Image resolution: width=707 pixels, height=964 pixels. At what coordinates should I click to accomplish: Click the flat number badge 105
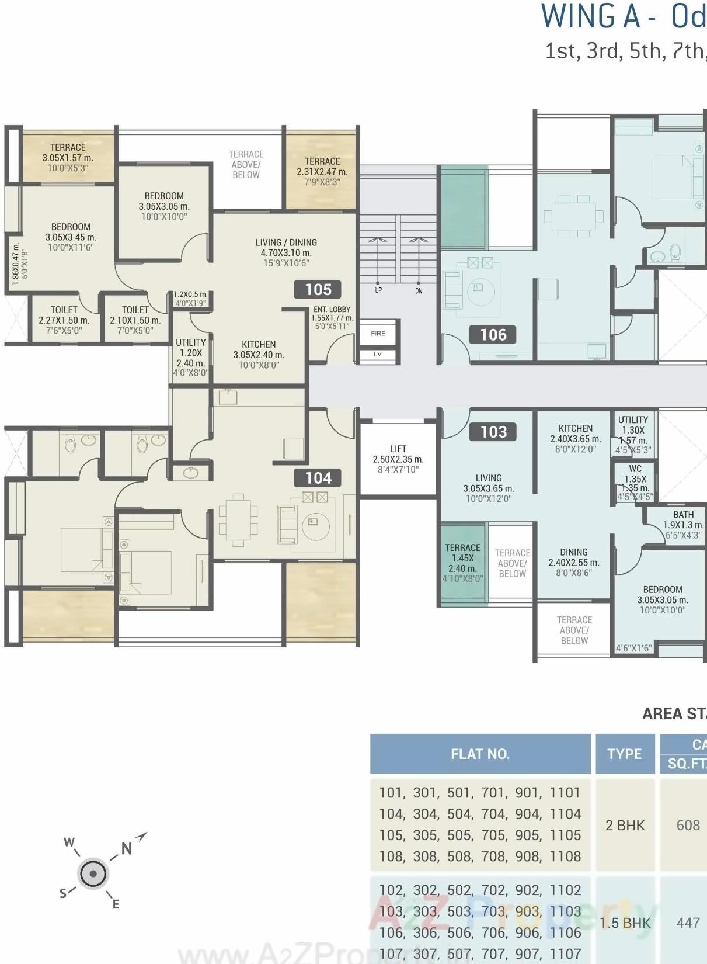pyautogui.click(x=318, y=289)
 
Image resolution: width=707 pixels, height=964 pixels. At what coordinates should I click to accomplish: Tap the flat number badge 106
pyautogui.click(x=493, y=335)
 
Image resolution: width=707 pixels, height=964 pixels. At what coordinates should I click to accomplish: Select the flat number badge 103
pyautogui.click(x=493, y=432)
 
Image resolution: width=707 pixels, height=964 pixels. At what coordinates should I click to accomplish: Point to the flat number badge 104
pyautogui.click(x=318, y=478)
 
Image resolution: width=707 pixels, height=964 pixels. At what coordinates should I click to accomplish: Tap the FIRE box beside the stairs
pyautogui.click(x=378, y=334)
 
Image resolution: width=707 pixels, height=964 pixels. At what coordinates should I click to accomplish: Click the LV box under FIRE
pyautogui.click(x=378, y=354)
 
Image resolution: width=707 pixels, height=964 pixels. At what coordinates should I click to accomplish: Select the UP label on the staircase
pyautogui.click(x=378, y=290)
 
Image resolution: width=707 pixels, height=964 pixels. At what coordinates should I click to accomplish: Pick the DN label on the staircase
pyautogui.click(x=419, y=290)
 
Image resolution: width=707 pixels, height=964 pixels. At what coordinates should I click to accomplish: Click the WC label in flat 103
pyautogui.click(x=635, y=469)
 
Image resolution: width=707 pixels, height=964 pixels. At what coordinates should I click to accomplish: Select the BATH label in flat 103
pyautogui.click(x=683, y=515)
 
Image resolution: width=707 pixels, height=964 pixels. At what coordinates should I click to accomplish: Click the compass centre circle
pyautogui.click(x=93, y=875)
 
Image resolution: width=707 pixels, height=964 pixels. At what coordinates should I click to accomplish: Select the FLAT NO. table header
pyautogui.click(x=480, y=754)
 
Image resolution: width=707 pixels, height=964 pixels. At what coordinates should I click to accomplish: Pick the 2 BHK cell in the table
pyautogui.click(x=625, y=825)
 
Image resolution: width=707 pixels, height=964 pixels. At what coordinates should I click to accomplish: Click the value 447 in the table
pyautogui.click(x=688, y=923)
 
